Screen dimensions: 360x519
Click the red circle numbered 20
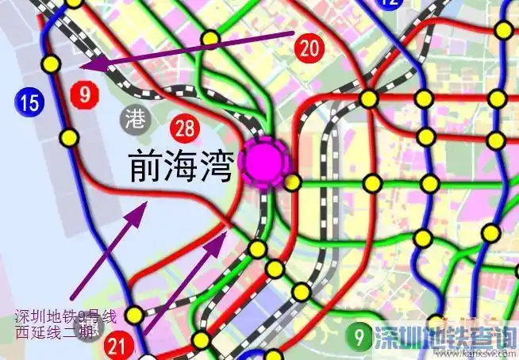pyautogui.click(x=309, y=48)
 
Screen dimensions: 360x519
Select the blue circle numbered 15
pyautogui.click(x=28, y=101)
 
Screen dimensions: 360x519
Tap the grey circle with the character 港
pyautogui.click(x=136, y=120)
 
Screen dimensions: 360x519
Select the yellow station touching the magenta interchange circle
pyautogui.click(x=293, y=183)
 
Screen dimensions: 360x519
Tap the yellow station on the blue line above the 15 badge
pyautogui.click(x=52, y=63)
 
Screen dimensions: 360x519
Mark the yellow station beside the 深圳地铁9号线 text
pyautogui.click(x=135, y=315)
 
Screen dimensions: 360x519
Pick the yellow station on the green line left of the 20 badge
pyautogui.click(x=210, y=37)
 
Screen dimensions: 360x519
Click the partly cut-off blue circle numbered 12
pyautogui.click(x=389, y=4)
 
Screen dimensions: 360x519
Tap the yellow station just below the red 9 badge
pyautogui.click(x=71, y=138)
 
